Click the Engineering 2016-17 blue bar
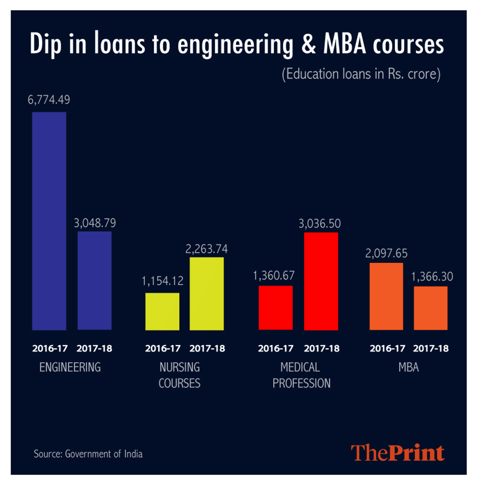[x=49, y=221]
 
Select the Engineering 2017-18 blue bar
[x=95, y=280]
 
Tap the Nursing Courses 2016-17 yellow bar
[x=162, y=311]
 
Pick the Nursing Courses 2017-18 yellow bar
[x=207, y=294]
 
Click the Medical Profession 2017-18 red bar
[x=321, y=281]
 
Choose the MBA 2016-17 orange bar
[x=386, y=296]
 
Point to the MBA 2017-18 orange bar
[x=430, y=308]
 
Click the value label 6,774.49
[x=49, y=100]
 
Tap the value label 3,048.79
[x=95, y=223]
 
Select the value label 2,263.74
[x=207, y=249]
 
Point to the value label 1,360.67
[x=274, y=275]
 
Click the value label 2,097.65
[x=386, y=253]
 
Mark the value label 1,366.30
[x=432, y=277]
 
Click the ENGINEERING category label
[x=70, y=367]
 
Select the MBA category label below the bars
[x=409, y=367]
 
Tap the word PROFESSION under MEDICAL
[x=301, y=383]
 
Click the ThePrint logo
[x=397, y=453]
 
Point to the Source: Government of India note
[x=88, y=454]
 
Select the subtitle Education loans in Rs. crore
[x=361, y=74]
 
